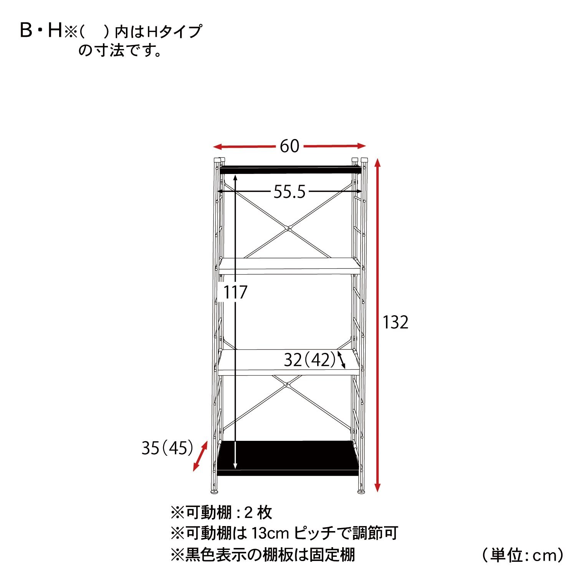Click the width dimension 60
(x=289, y=146)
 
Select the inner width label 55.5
(x=290, y=192)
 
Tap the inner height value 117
(x=235, y=293)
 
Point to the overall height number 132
(x=396, y=323)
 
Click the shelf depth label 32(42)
(x=310, y=360)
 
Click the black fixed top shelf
(x=291, y=170)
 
